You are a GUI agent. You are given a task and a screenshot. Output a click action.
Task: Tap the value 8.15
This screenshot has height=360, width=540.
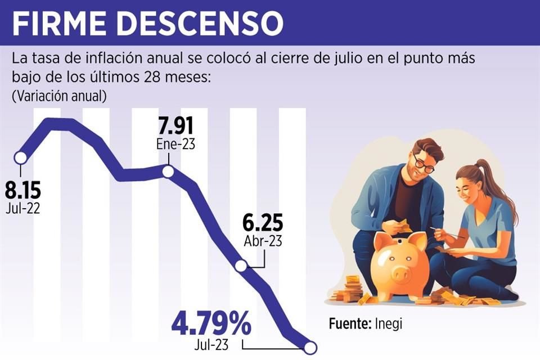click(22, 191)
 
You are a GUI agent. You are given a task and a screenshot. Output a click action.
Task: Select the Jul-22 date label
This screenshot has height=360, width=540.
click(23, 209)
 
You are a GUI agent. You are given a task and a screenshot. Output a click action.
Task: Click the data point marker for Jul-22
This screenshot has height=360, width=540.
click(21, 158)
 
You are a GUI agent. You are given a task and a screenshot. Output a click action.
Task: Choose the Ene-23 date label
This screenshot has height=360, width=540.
click(175, 145)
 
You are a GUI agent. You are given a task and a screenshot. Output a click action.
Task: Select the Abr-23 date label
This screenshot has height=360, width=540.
click(263, 241)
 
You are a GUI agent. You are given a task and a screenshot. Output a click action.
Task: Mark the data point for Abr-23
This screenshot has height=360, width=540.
click(241, 267)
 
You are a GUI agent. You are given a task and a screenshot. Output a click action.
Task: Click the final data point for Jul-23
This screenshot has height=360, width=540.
click(309, 349)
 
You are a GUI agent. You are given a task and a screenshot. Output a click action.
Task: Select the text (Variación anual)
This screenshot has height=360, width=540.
click(59, 96)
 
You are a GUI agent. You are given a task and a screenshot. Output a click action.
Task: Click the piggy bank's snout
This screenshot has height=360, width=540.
click(400, 274)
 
